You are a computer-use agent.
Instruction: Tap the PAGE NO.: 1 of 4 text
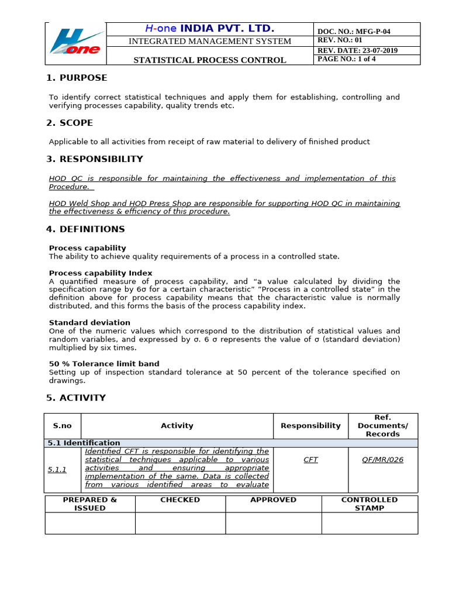347,59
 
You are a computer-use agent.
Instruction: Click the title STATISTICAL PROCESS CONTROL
210,60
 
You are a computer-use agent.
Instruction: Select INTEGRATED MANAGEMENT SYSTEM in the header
209,41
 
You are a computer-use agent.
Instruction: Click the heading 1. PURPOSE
77,78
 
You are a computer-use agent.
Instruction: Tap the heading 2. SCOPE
70,123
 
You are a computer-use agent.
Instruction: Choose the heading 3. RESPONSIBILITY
94,159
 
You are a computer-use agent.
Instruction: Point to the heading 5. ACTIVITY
76,398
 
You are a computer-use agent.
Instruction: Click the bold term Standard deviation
89,323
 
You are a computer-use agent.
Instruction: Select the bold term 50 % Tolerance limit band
104,364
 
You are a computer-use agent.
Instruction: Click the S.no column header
63,426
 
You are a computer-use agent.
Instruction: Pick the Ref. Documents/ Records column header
383,426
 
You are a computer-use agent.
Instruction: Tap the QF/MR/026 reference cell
383,460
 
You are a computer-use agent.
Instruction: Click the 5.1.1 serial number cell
57,470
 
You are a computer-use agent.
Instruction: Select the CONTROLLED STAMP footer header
369,504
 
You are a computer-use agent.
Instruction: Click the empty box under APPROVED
273,523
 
